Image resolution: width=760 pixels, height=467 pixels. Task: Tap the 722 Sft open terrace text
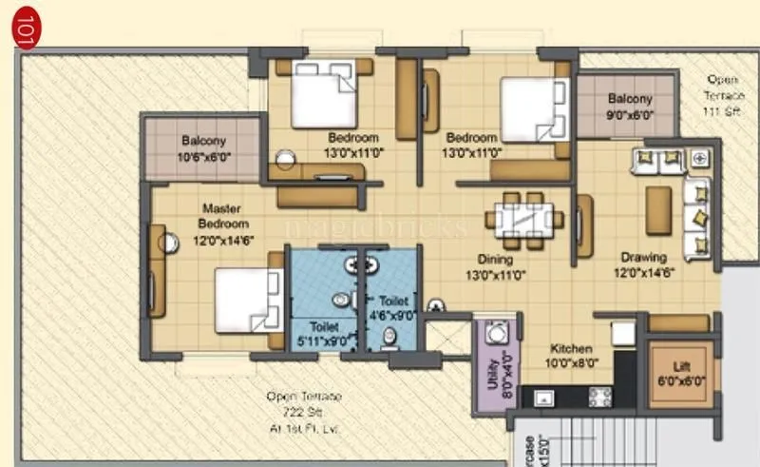[304, 412]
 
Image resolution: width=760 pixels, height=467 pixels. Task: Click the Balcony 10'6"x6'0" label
[202, 148]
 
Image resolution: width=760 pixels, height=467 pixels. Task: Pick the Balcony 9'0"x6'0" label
[630, 106]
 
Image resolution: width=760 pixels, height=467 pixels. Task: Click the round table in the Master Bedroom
[169, 243]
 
